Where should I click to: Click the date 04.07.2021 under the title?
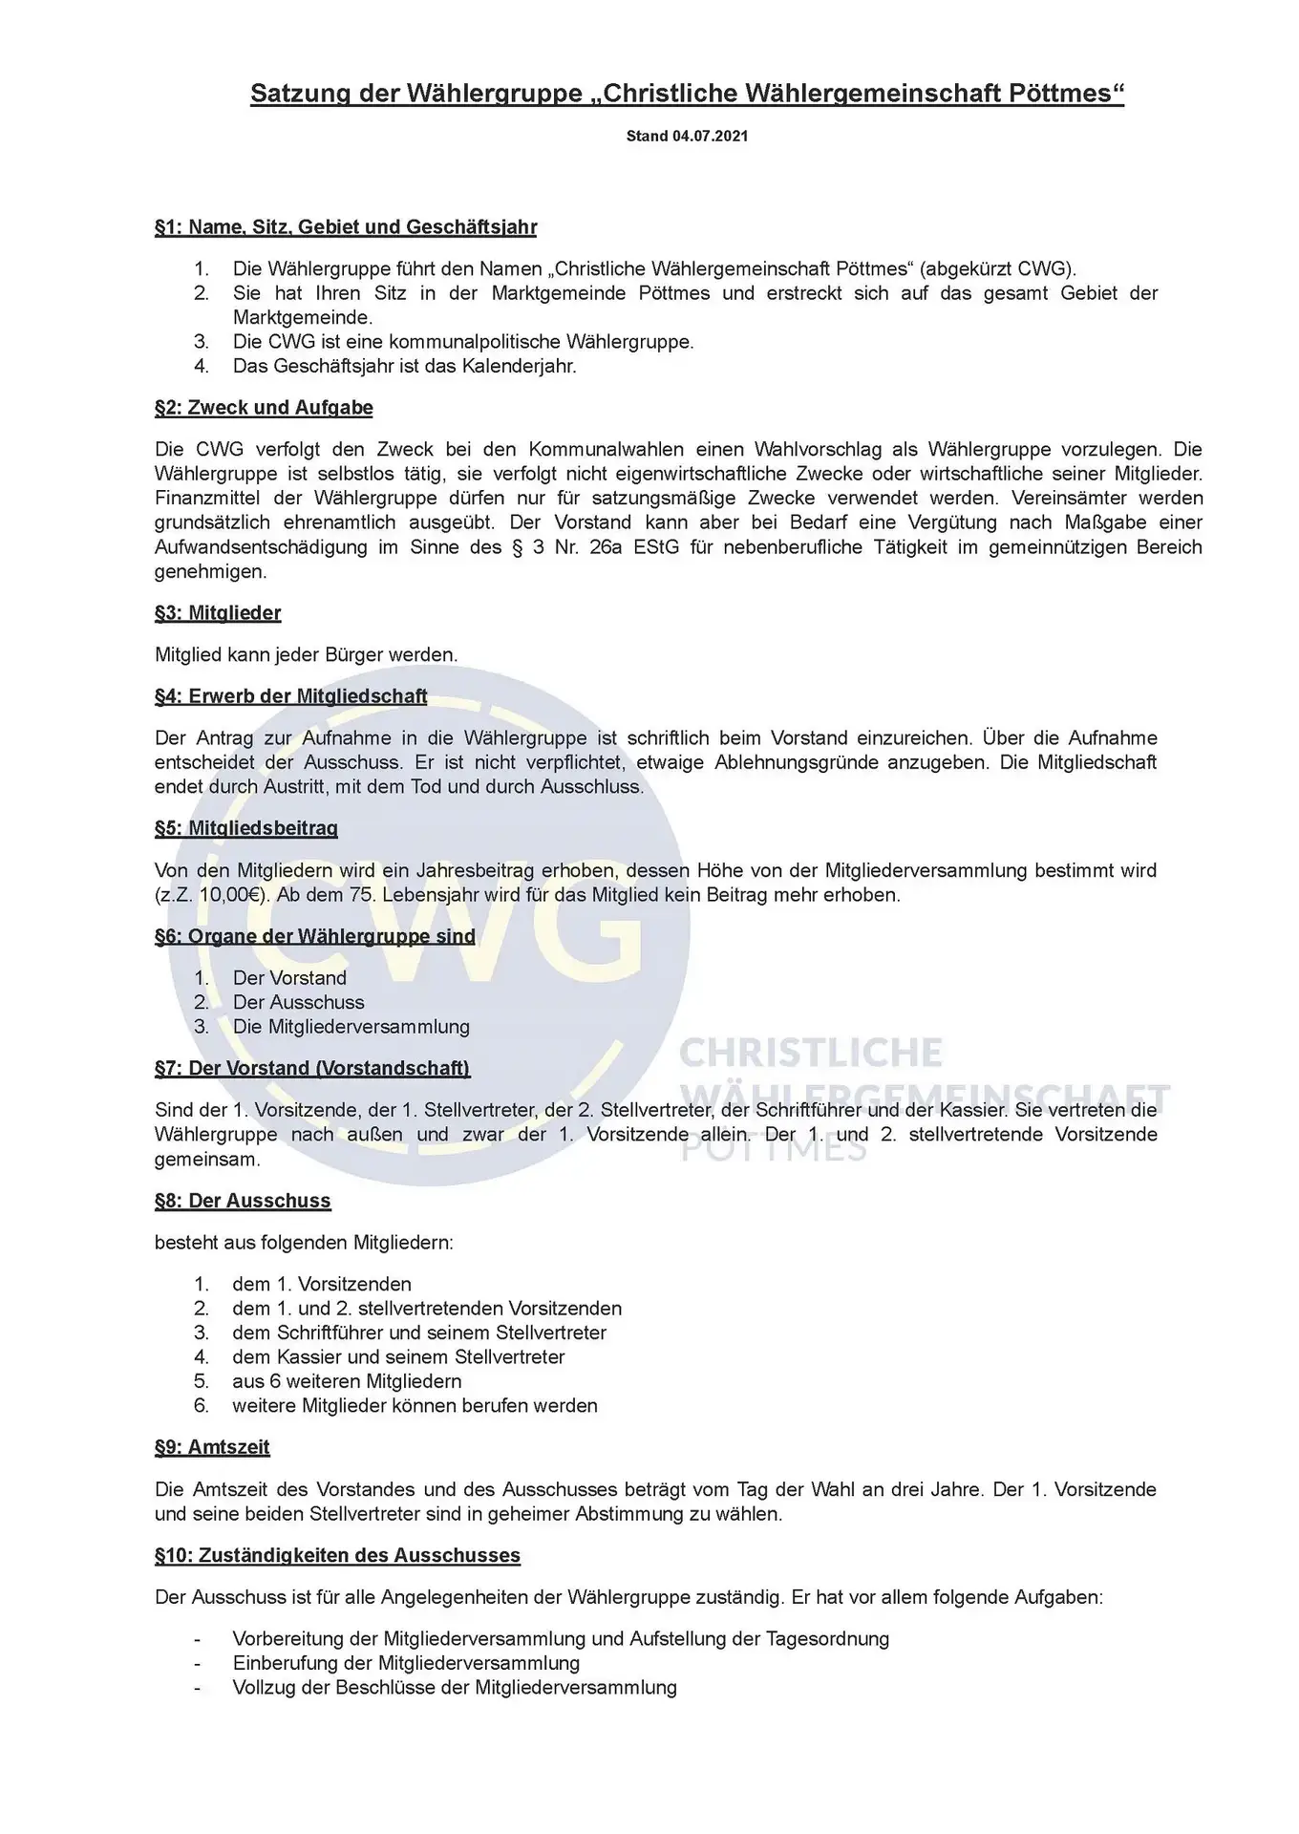click(x=710, y=137)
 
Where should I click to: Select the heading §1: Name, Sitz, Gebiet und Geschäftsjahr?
click(x=346, y=227)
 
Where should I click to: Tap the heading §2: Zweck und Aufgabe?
click(x=264, y=408)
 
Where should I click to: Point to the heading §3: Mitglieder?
click(x=218, y=613)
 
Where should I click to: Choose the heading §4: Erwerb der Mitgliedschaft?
click(x=290, y=696)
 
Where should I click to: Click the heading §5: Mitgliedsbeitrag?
click(x=245, y=828)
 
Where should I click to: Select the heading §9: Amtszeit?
click(x=212, y=1447)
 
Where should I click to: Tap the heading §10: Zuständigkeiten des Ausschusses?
click(x=337, y=1555)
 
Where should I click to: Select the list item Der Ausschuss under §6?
click(x=298, y=1002)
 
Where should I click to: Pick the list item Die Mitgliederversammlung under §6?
click(x=351, y=1027)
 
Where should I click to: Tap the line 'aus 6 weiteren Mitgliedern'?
click(x=347, y=1381)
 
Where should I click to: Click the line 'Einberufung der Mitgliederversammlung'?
click(x=406, y=1663)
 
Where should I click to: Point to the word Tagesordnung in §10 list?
click(x=827, y=1639)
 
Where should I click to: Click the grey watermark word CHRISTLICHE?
click(x=810, y=1053)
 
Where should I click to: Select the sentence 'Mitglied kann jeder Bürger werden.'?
click(x=306, y=655)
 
